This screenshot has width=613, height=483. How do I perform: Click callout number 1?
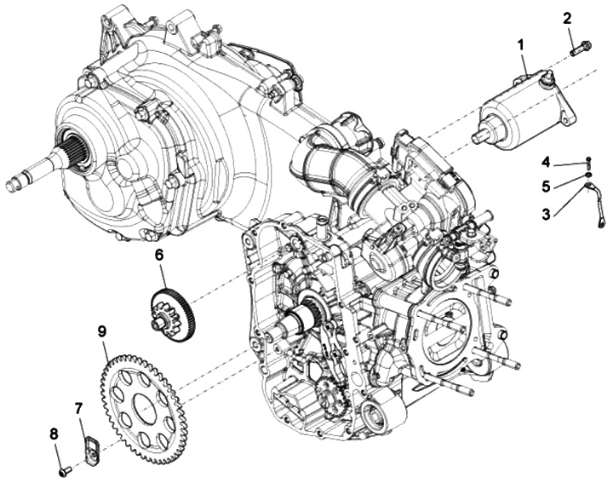pyautogui.click(x=522, y=42)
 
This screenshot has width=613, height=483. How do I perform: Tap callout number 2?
pyautogui.click(x=568, y=17)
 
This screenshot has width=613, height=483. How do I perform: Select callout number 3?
pyautogui.click(x=545, y=213)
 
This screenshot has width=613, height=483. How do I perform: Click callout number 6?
pyautogui.click(x=160, y=254)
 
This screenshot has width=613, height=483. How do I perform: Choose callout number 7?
pyautogui.click(x=78, y=410)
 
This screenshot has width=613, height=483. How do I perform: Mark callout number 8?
pyautogui.click(x=54, y=434)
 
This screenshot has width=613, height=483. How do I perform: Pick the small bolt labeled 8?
pyautogui.click(x=65, y=469)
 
